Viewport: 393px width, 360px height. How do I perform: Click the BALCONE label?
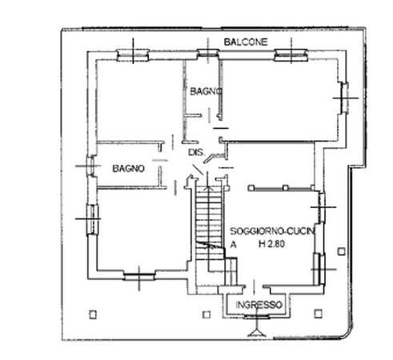coord(246,42)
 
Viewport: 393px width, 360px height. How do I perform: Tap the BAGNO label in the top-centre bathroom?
coord(206,91)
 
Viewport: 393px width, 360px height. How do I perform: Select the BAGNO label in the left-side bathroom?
coord(128,168)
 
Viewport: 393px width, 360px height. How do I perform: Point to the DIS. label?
coord(197,152)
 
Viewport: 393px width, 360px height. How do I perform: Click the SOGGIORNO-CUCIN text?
coord(272,231)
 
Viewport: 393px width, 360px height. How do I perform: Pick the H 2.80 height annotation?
coord(271,244)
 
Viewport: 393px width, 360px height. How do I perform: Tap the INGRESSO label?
coord(259,305)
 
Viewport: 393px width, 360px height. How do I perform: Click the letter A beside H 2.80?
coord(233,244)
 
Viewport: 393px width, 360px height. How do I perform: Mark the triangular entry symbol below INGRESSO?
coord(256,333)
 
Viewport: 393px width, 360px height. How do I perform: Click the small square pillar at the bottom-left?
coord(93,314)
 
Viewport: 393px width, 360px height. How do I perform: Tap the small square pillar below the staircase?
coord(207,314)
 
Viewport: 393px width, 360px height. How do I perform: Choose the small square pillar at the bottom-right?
coord(318,314)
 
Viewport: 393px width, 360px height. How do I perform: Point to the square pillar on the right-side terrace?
coord(342,251)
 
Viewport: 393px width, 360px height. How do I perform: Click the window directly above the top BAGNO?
coord(208,54)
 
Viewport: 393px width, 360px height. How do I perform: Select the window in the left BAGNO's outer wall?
coord(90,166)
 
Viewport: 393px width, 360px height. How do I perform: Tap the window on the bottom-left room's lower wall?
coord(139,276)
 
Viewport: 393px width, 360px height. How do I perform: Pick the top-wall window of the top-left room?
coord(133,54)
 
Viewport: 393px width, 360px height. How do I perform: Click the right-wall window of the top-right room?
coord(344,98)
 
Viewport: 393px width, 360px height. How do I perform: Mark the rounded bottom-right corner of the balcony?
coord(347,334)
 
